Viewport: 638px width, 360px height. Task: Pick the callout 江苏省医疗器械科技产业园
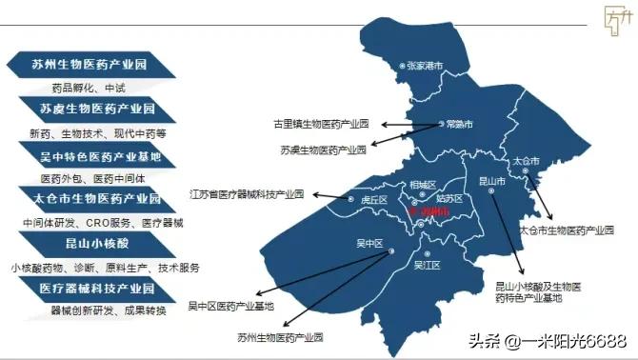coord(247,193)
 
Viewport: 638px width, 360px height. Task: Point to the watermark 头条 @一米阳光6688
coord(551,340)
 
